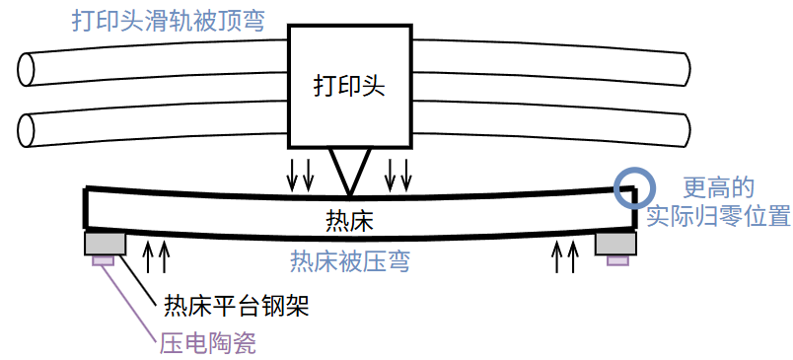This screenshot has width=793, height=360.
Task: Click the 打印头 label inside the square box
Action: click(x=347, y=86)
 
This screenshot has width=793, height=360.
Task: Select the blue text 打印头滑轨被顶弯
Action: click(x=168, y=21)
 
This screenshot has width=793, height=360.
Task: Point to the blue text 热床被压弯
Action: click(x=350, y=260)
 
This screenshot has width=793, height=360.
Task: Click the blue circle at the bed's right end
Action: click(x=632, y=186)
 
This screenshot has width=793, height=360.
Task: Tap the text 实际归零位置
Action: click(x=719, y=216)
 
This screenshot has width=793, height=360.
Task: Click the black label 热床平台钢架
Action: click(x=236, y=306)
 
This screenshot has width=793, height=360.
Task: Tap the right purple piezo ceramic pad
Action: click(x=617, y=259)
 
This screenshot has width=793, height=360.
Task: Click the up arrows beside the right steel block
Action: click(x=565, y=256)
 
